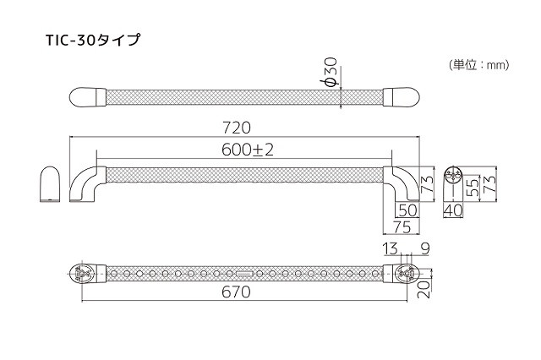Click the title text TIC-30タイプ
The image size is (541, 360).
pos(93,39)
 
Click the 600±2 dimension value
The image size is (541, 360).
pos(245,150)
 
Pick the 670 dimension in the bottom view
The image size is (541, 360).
pos(236,294)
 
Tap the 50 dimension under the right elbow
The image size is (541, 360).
pos(407,210)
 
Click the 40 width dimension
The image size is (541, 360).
pos(453,210)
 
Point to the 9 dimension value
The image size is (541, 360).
pos(424,248)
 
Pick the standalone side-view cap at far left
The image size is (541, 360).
pos(50,185)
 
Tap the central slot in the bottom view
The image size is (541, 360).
pos(243,274)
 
